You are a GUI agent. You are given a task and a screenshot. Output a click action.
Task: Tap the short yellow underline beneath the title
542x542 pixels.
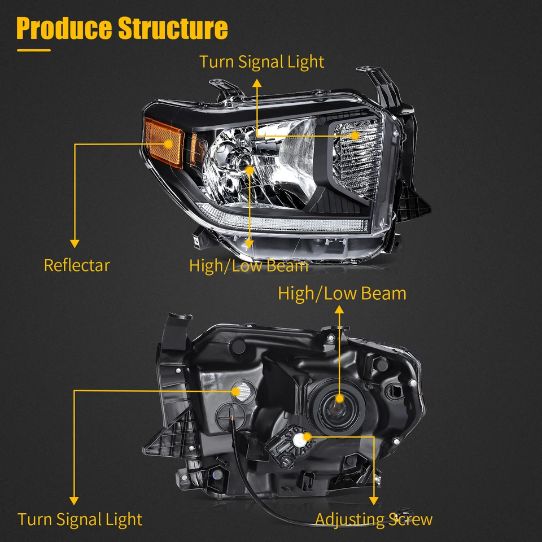(33, 50)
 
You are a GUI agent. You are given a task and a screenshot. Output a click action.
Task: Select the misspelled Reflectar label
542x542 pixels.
(77, 265)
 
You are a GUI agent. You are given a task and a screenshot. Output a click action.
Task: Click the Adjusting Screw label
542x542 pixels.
(374, 519)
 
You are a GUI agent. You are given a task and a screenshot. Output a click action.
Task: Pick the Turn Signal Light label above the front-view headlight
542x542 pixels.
(262, 62)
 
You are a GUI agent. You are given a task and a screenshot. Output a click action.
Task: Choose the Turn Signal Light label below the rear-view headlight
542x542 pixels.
(80, 519)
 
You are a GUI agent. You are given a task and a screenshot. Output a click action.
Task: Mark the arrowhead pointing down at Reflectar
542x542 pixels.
(75, 243)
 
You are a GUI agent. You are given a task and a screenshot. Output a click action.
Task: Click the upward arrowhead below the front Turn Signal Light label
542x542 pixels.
(257, 82)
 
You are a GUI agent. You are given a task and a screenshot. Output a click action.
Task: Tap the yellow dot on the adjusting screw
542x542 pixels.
(307, 436)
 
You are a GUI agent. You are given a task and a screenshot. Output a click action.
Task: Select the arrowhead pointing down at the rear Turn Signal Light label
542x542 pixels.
(75, 500)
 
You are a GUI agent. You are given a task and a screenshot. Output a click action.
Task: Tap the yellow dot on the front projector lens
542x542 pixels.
(251, 169)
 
